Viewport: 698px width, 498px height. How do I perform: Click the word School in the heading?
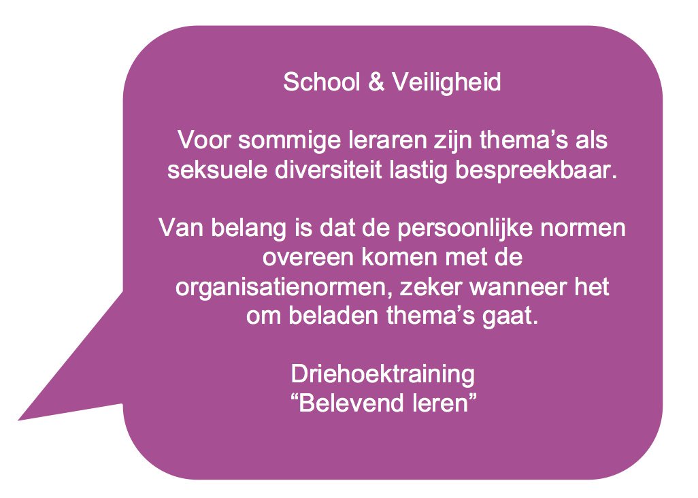[321, 82]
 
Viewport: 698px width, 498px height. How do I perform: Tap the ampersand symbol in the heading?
[376, 82]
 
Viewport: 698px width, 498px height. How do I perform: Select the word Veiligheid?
[446, 83]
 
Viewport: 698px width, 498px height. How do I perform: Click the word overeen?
[308, 258]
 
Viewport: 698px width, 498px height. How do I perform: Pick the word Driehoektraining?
[383, 375]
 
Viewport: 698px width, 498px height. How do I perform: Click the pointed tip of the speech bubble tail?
[18, 420]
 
